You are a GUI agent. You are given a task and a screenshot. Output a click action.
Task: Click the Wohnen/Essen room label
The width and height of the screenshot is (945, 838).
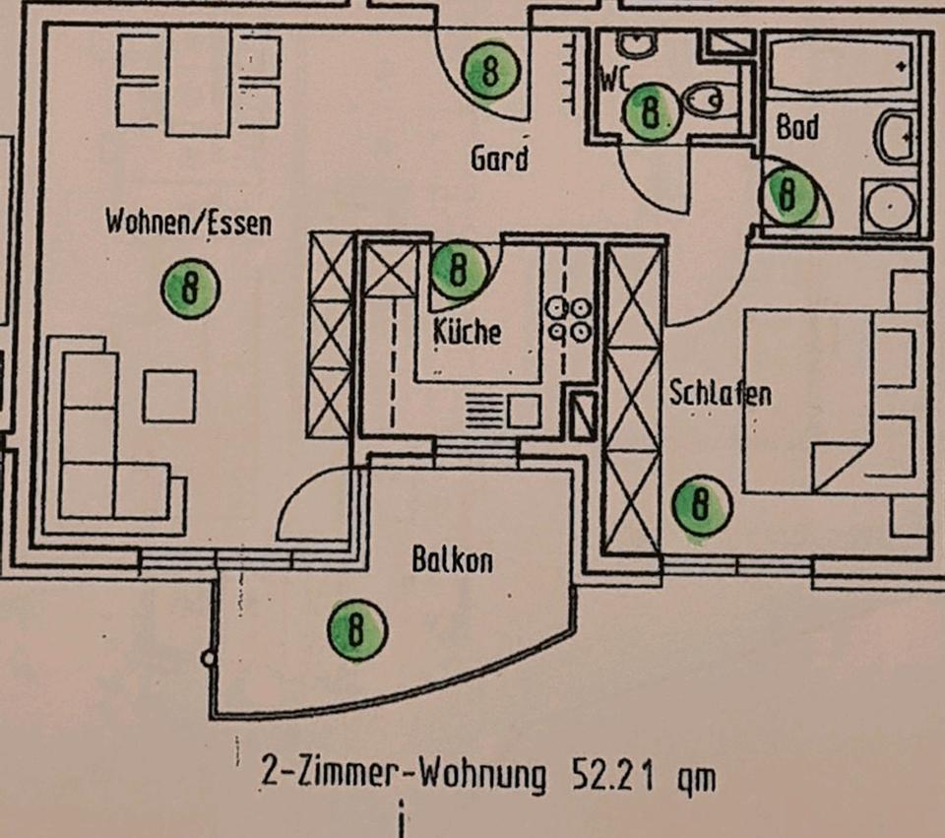click(x=187, y=223)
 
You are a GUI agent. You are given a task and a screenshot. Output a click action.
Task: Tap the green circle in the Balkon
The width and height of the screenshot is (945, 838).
click(x=356, y=629)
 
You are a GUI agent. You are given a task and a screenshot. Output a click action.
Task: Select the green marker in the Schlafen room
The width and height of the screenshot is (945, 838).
click(x=701, y=506)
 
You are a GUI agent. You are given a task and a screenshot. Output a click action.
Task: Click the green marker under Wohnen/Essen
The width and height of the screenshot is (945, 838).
click(x=190, y=289)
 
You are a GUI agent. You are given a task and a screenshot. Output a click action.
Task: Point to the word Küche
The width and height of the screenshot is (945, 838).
click(x=467, y=332)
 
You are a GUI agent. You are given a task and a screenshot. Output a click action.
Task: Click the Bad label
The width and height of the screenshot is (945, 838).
click(x=797, y=127)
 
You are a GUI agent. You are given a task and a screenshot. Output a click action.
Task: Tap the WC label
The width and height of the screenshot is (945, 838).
click(x=613, y=78)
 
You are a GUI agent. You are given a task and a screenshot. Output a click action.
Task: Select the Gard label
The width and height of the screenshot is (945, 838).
click(x=499, y=158)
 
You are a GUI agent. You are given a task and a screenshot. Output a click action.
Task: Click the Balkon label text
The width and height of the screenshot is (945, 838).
click(x=452, y=561)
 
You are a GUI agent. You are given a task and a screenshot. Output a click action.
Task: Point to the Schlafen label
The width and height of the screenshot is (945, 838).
click(x=720, y=393)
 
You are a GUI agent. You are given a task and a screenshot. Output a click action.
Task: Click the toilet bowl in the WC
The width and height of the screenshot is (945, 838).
click(x=705, y=97)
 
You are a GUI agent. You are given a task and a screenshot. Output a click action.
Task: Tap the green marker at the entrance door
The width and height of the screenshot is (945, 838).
click(x=489, y=71)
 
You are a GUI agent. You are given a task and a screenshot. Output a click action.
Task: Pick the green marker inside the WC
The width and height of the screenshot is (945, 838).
click(x=651, y=110)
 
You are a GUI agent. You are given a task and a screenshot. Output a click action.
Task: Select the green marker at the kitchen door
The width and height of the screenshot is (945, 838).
click(x=458, y=269)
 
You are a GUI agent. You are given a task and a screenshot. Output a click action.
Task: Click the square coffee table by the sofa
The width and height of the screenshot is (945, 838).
click(x=169, y=396)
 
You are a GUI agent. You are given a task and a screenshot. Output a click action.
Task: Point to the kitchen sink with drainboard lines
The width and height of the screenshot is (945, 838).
click(x=502, y=410)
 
